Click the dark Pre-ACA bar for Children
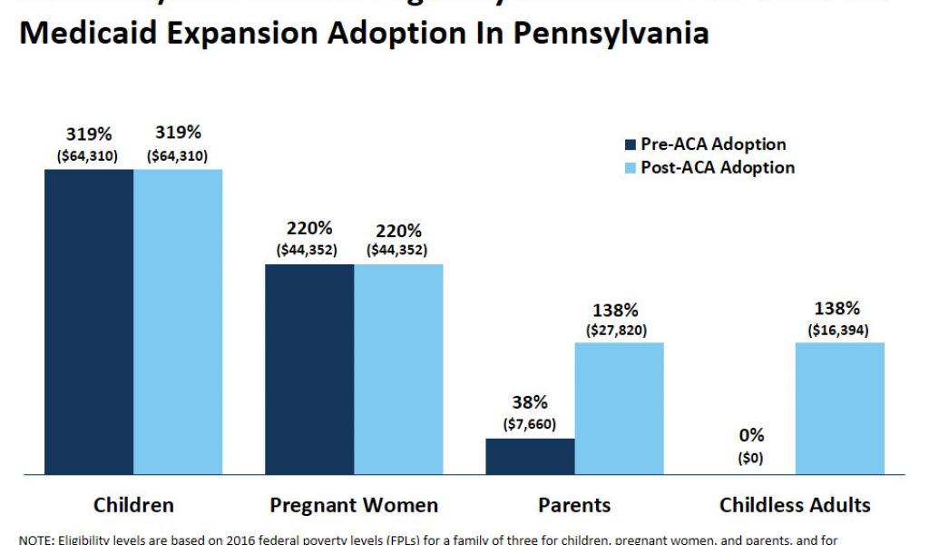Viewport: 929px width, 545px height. pyautogui.click(x=89, y=322)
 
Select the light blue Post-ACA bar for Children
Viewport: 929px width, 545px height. pyautogui.click(x=178, y=322)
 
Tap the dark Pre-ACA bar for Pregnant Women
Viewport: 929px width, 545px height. pyautogui.click(x=309, y=369)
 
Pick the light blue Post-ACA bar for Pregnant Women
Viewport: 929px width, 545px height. pyautogui.click(x=398, y=369)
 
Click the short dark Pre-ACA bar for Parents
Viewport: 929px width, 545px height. pyautogui.click(x=530, y=456)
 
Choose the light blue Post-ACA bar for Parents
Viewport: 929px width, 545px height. pyautogui.click(x=619, y=408)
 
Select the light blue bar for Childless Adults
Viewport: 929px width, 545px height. pyautogui.click(x=839, y=408)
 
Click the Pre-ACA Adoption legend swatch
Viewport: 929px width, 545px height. pyautogui.click(x=631, y=144)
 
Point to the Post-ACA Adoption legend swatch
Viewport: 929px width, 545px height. pyautogui.click(x=631, y=168)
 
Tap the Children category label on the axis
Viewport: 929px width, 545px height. pyautogui.click(x=133, y=505)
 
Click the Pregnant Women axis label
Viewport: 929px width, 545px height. pyautogui.click(x=354, y=505)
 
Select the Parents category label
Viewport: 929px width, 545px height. pyautogui.click(x=574, y=505)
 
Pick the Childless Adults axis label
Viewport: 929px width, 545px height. pyautogui.click(x=795, y=505)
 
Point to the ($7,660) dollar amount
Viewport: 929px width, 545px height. pyautogui.click(x=530, y=424)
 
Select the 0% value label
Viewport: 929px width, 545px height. pyautogui.click(x=751, y=435)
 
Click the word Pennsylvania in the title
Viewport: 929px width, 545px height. pyautogui.click(x=609, y=34)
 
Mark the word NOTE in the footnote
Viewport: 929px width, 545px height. pyautogui.click(x=35, y=540)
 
